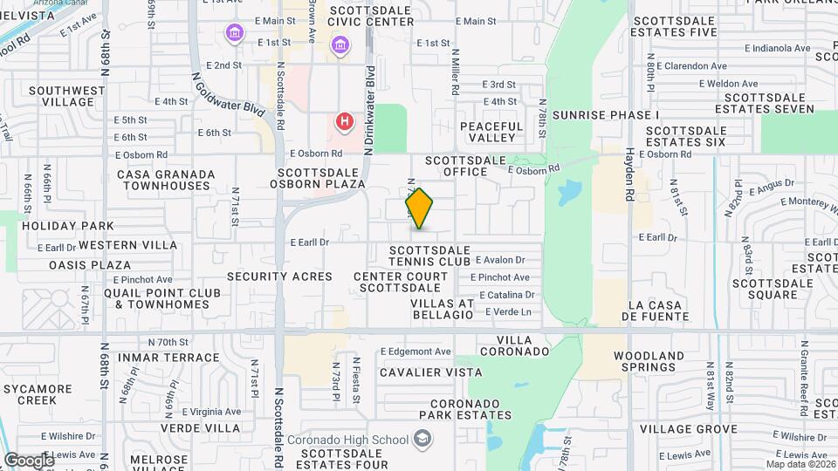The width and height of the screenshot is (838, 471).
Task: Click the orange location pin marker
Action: (419, 208)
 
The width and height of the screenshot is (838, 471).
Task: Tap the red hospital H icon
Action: (345, 121)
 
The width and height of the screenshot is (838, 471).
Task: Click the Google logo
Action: (28, 460)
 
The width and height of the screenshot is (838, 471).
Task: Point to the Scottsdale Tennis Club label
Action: (429, 256)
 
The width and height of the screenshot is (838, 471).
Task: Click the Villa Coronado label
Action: (523, 345)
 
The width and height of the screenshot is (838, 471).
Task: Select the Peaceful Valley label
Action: (491, 132)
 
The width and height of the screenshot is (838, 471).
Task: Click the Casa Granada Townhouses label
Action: (166, 180)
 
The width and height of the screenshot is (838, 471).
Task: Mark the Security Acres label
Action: (279, 276)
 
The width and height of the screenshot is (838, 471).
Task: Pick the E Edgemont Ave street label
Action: (416, 352)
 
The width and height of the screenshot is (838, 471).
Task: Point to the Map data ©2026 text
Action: (800, 463)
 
